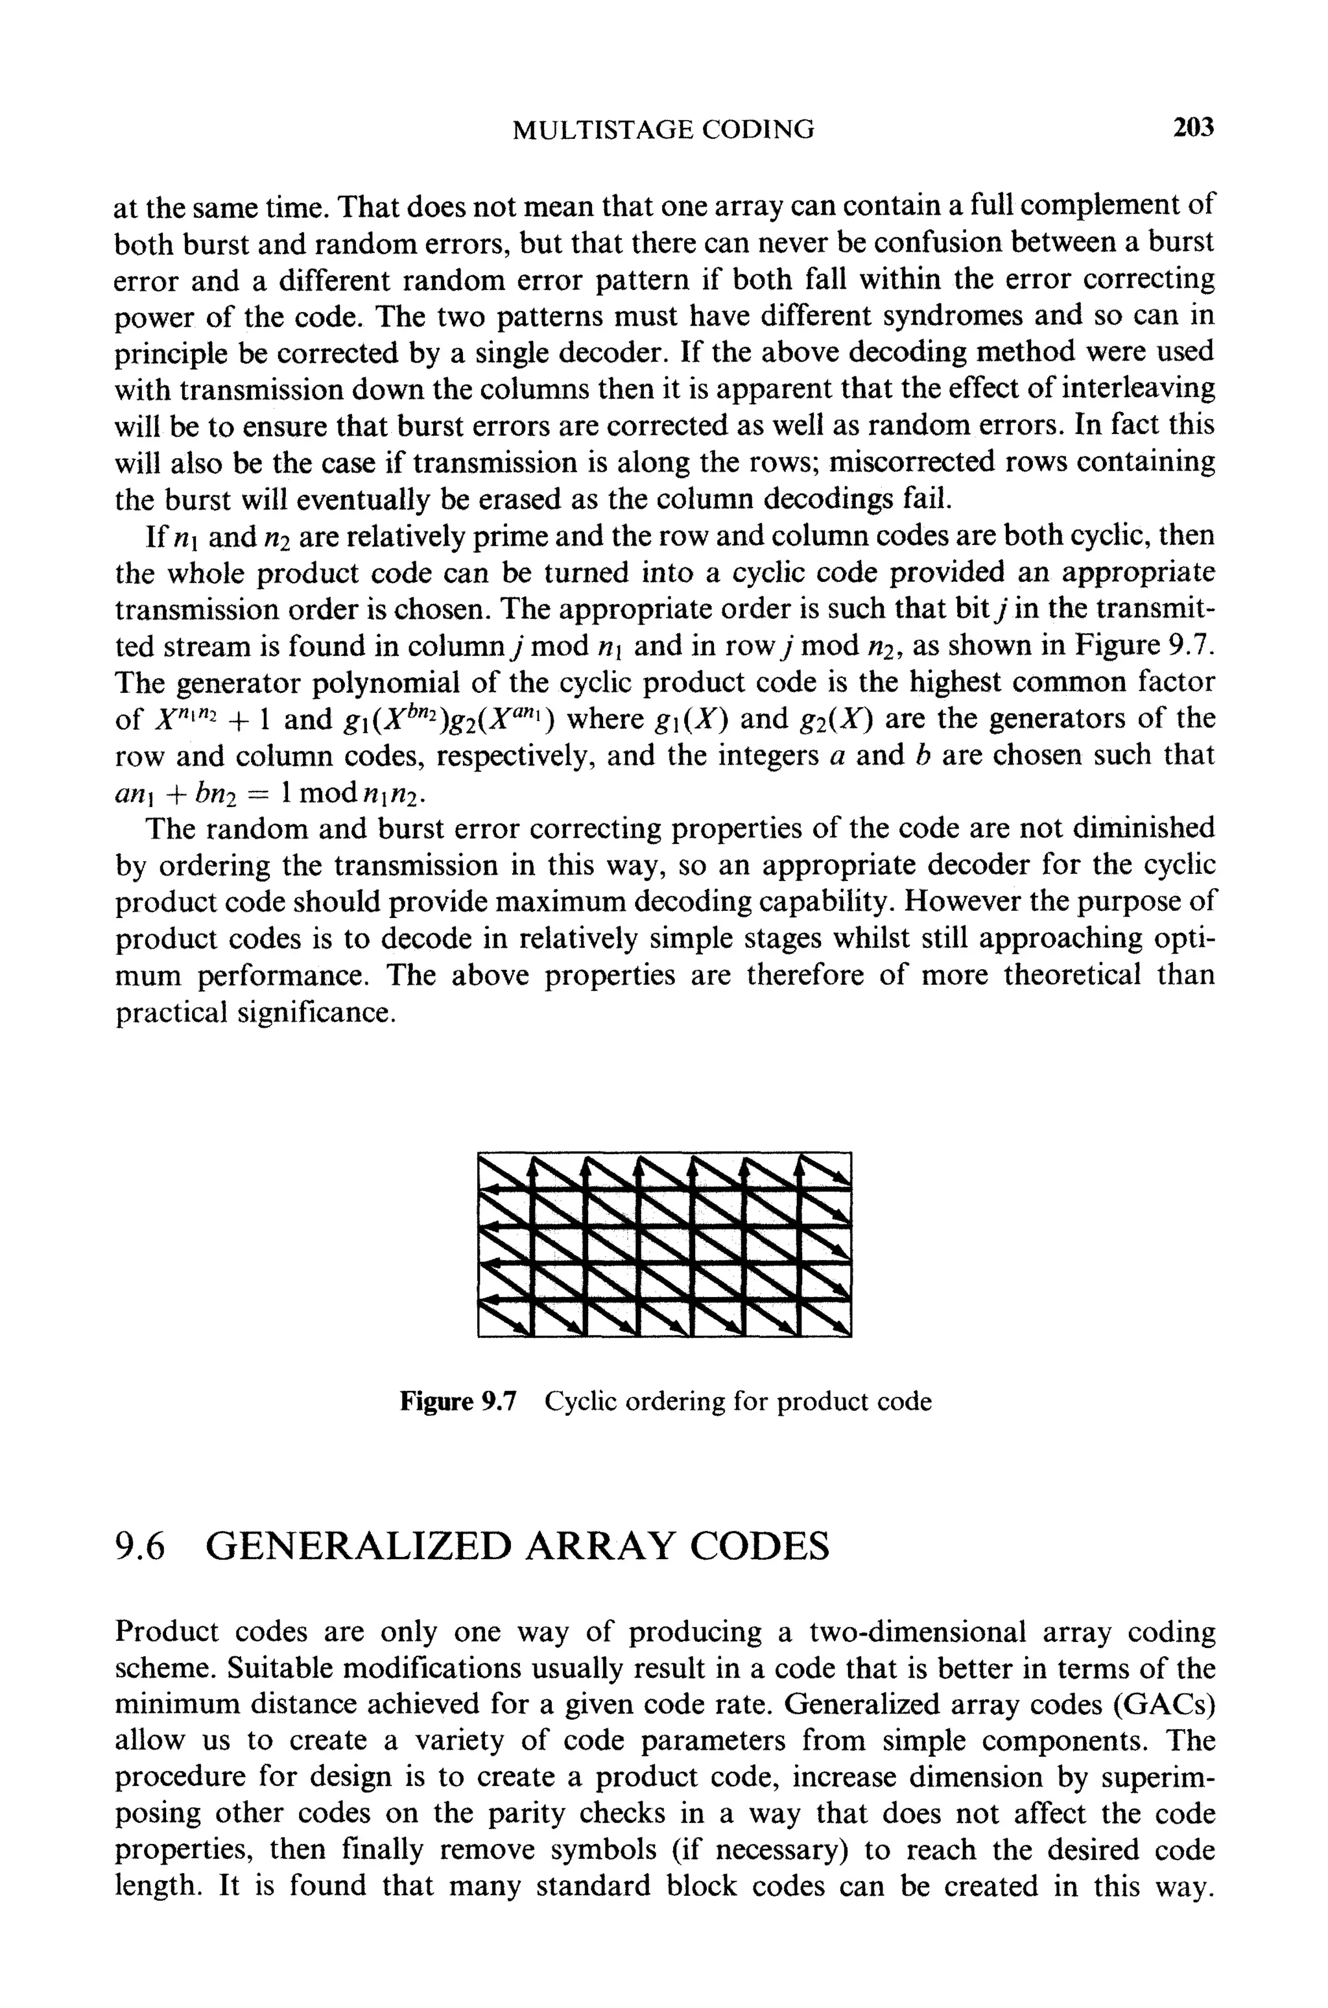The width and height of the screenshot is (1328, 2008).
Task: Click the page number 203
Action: pos(1193,128)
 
